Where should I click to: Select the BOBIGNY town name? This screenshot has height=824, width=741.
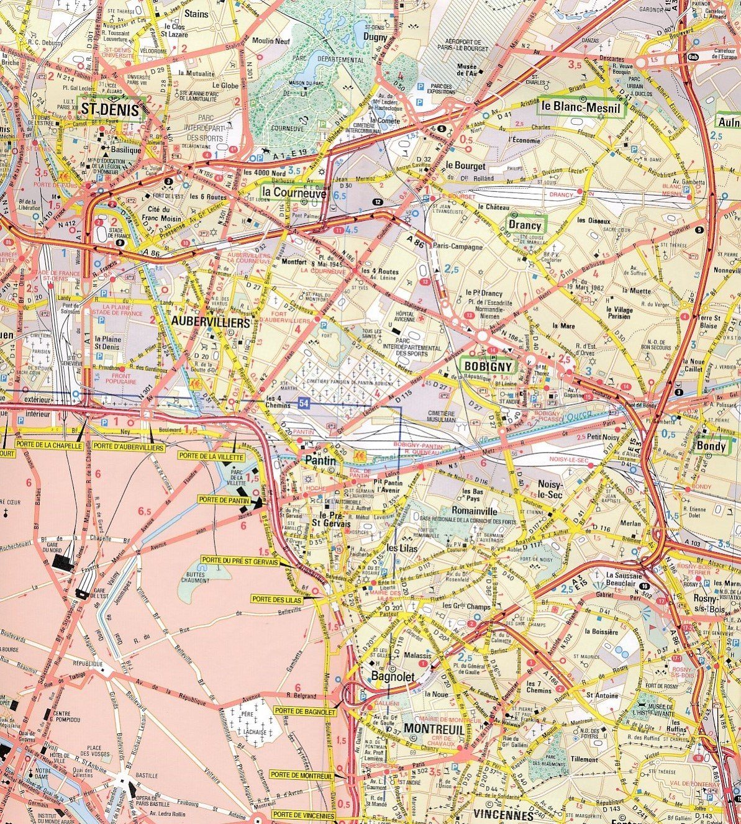(488, 366)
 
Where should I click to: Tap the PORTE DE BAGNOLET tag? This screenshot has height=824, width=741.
(304, 712)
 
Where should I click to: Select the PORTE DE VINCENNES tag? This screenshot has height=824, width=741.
(303, 815)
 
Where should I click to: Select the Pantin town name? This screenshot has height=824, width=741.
(320, 461)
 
